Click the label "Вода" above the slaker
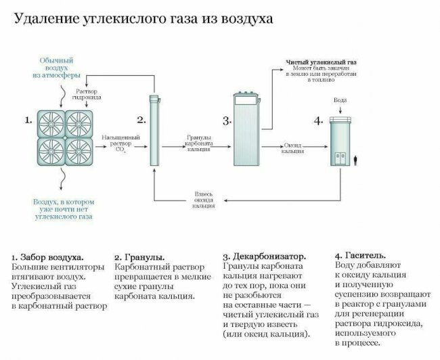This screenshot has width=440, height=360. point(340,100)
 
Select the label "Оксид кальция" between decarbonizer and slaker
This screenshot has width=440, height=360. point(292,148)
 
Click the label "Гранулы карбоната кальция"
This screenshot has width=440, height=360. point(200,144)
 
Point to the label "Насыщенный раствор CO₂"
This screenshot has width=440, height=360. point(120,142)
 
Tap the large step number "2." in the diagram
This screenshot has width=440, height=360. point(141,120)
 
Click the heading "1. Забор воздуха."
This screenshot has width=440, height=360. point(48,258)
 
